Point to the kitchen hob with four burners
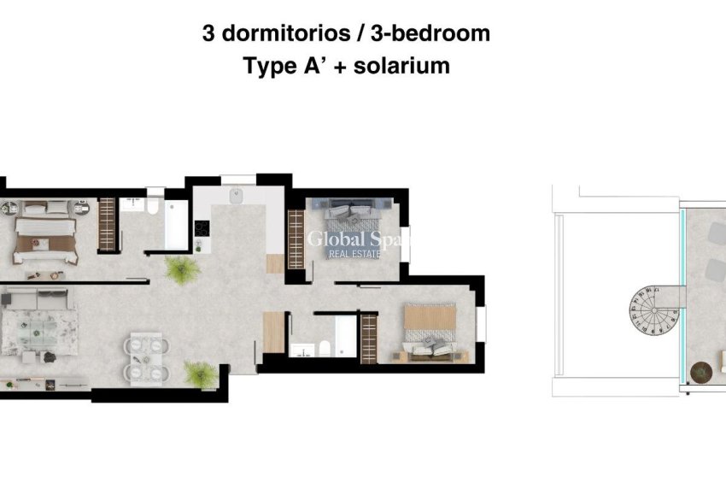pyautogui.click(x=202, y=230)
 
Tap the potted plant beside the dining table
pyautogui.click(x=199, y=374)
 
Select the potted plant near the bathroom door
pyautogui.click(x=182, y=270)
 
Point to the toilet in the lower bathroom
pyautogui.click(x=324, y=349)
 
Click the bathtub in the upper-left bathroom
pyautogui.click(x=176, y=225)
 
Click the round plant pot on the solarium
pyautogui.click(x=700, y=373)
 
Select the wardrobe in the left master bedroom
pyautogui.click(x=107, y=224)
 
